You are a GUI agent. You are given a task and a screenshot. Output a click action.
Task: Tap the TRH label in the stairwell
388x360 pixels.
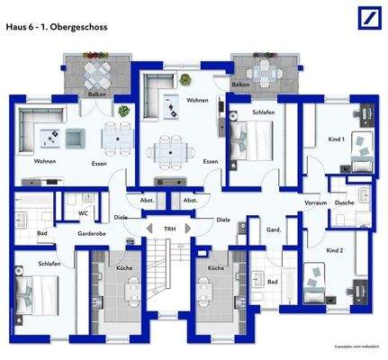pyautogui.click(x=169, y=230)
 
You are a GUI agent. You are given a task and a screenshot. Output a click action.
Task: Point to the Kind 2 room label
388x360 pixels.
pyautogui.click(x=335, y=248)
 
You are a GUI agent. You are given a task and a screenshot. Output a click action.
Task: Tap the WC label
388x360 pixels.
pyautogui.click(x=82, y=213)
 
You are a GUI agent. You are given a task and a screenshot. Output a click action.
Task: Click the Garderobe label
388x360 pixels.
pyautogui.click(x=94, y=232)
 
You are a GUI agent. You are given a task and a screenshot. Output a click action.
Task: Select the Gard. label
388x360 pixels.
pyautogui.click(x=274, y=230)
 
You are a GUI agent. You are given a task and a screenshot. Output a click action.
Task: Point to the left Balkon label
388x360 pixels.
pyautogui.click(x=96, y=93)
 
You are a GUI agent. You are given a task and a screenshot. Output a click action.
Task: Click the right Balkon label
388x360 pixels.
pyautogui.click(x=240, y=85)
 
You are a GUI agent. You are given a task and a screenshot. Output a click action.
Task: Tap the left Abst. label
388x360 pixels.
pyautogui.click(x=147, y=200)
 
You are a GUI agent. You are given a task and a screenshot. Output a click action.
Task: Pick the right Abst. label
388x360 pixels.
pyautogui.click(x=190, y=200)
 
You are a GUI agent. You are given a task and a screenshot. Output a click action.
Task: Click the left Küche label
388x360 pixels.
pyautogui.click(x=124, y=268)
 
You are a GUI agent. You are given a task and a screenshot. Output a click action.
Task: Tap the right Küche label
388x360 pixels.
pyautogui.click(x=215, y=268)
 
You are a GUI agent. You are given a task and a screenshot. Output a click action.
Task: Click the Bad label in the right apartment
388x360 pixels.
pyautogui.click(x=273, y=282)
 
